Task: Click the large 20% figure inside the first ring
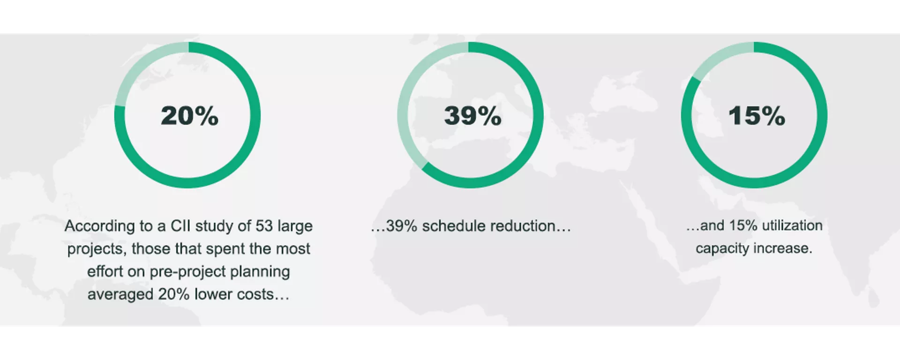(189, 116)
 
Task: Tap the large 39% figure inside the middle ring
(472, 116)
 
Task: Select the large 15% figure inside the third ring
(757, 116)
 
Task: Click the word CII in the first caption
(180, 226)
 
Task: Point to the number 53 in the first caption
(264, 226)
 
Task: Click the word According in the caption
(100, 226)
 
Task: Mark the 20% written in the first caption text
(174, 294)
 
